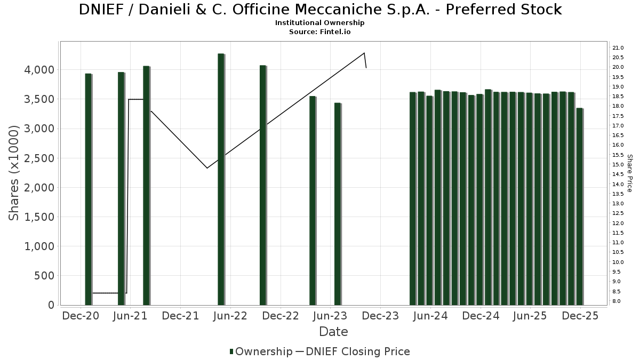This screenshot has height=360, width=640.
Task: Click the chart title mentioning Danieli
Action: coord(320,10)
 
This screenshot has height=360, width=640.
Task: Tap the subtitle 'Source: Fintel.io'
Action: coord(320,31)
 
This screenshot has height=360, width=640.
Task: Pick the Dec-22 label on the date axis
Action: coord(281,316)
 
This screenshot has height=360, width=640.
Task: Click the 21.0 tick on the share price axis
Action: coord(619,47)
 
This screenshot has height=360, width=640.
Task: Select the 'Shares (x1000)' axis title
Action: coord(14,173)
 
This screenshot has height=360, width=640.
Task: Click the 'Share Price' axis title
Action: coord(629,173)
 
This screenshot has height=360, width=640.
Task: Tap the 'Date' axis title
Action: coord(333,332)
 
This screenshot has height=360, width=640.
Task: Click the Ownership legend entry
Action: coord(261,351)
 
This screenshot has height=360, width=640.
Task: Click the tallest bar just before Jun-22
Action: coord(221,179)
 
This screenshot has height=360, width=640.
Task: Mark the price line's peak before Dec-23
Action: coord(364,53)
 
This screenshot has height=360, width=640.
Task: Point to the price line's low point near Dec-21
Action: coord(207,168)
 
